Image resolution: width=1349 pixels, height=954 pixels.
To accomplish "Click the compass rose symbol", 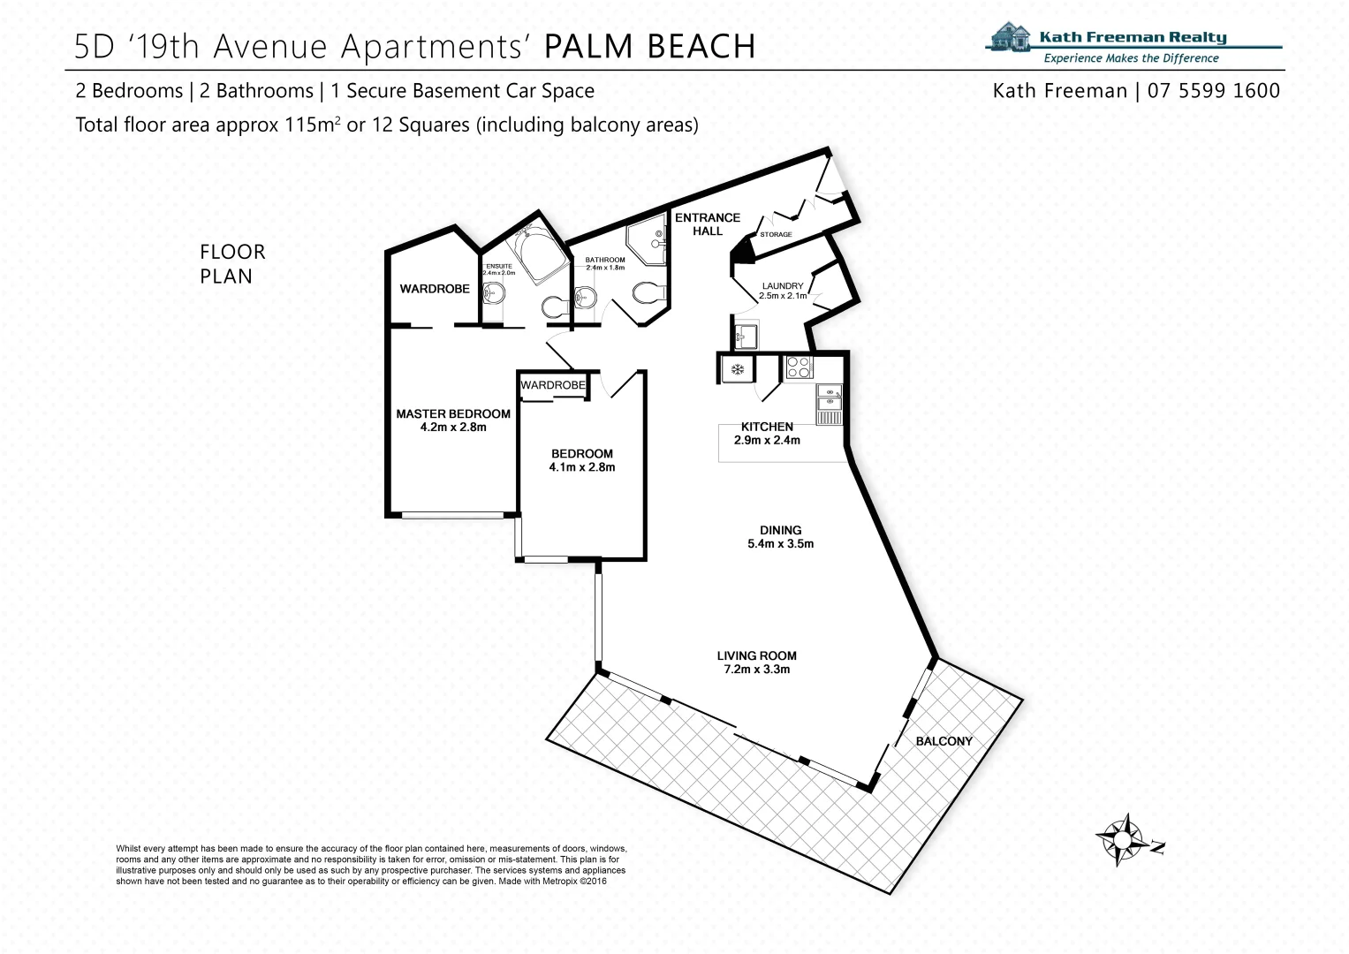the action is (1119, 837).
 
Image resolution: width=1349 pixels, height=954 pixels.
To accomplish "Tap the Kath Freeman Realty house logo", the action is (1011, 39).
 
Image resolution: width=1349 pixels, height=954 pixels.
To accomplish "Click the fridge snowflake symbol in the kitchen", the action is (734, 367).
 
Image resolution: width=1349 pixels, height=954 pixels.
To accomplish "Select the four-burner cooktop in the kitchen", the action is (799, 367).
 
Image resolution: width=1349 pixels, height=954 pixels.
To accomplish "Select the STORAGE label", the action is (776, 235).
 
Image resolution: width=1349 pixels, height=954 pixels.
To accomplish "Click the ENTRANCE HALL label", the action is (708, 224).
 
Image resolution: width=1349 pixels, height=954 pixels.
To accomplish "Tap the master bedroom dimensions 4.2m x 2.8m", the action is (453, 428).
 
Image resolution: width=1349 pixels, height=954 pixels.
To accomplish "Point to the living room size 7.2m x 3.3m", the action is (756, 670).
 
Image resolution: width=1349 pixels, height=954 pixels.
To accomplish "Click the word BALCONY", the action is (944, 741).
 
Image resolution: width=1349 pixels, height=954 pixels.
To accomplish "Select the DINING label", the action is (780, 531).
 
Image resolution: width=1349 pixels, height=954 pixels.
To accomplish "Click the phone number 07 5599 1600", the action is (1214, 91).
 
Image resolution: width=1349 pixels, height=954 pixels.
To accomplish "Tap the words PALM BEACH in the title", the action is (649, 47).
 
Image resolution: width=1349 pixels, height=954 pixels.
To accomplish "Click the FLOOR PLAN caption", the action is (232, 264).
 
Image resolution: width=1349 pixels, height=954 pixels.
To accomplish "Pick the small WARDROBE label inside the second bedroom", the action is (553, 385).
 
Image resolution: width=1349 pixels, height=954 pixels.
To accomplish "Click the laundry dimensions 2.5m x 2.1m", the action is (783, 297).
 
